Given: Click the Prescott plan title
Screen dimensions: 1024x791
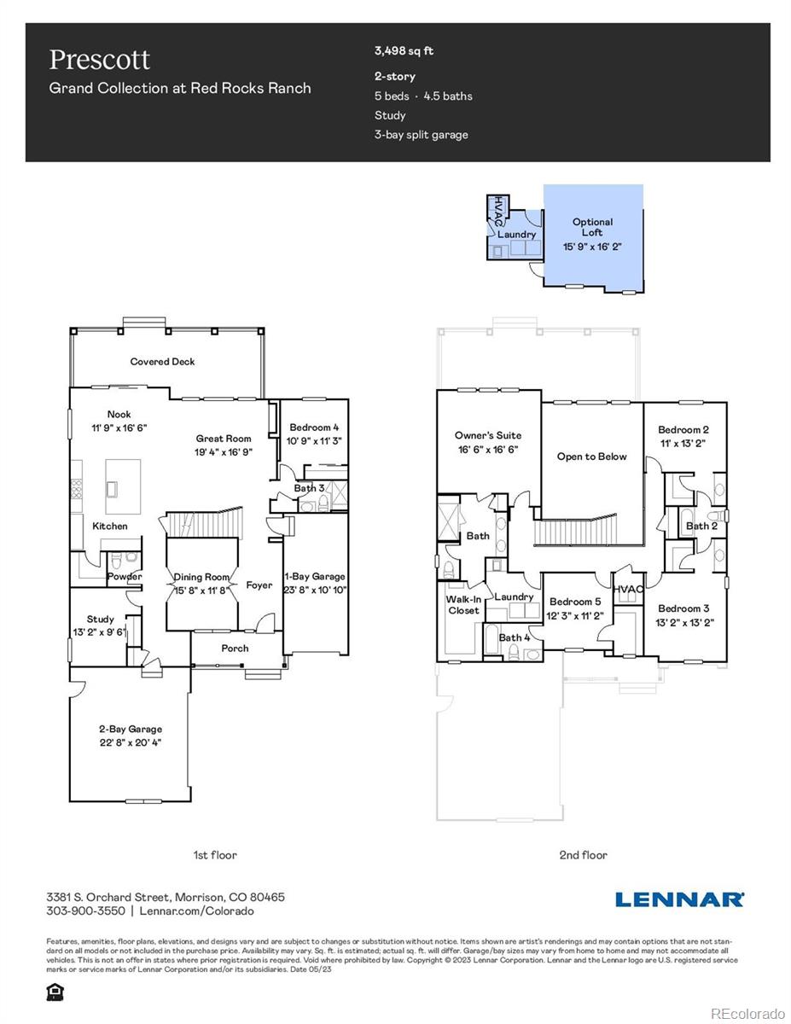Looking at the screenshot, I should click(100, 60).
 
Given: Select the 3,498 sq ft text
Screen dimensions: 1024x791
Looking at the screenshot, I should click(404, 50).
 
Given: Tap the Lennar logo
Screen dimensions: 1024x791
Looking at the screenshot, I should click(679, 899).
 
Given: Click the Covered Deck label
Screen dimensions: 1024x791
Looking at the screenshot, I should click(162, 362).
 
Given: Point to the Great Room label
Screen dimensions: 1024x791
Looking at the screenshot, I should click(223, 439).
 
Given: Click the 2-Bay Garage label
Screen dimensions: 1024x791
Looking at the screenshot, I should click(129, 730).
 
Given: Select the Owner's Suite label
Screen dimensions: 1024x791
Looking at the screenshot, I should click(487, 435).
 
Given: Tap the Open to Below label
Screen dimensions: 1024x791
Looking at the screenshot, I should click(591, 457).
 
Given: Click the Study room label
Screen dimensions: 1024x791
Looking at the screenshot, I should click(100, 620).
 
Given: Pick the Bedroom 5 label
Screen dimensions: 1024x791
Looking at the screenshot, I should click(574, 602).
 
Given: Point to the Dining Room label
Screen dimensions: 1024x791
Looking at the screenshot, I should click(201, 577).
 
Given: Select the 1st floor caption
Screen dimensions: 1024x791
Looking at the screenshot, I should click(215, 854).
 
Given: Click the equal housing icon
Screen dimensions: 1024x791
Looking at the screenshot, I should click(54, 992).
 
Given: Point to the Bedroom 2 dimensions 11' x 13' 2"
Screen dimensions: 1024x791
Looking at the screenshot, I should click(682, 444).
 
